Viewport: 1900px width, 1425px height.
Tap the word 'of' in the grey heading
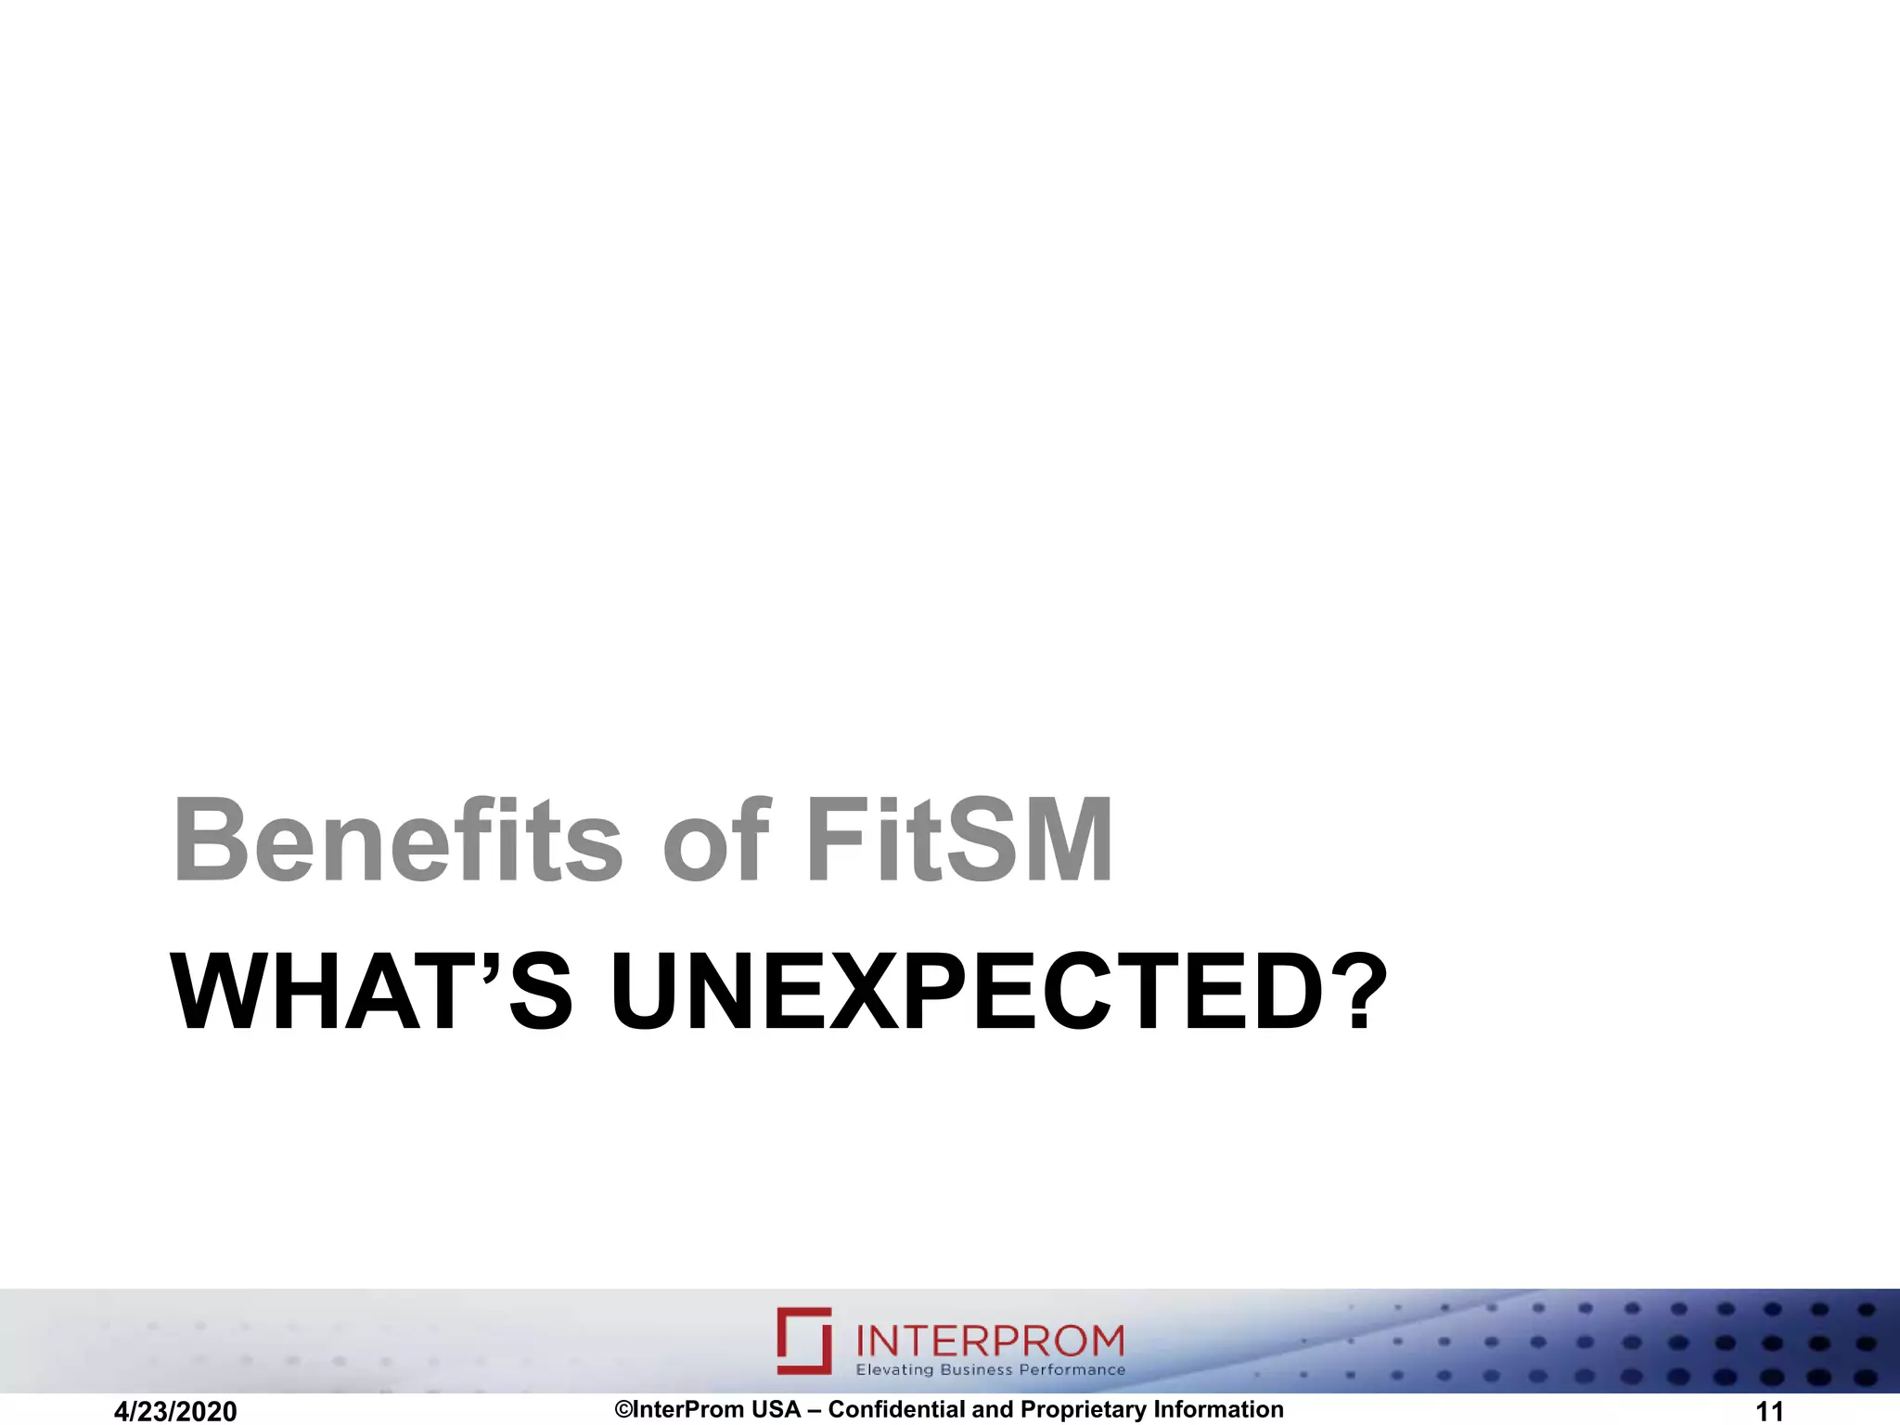(x=715, y=841)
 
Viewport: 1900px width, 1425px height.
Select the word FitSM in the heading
(x=959, y=841)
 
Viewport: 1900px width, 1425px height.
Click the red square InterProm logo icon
(x=804, y=1341)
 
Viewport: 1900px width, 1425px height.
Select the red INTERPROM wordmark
(x=989, y=1341)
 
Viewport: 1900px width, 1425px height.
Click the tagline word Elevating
(x=894, y=1370)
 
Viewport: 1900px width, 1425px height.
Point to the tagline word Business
(x=976, y=1370)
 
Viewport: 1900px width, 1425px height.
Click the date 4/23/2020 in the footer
(x=175, y=1411)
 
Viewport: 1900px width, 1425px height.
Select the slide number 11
(x=1770, y=1411)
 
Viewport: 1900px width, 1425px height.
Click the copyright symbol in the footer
(x=623, y=1409)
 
